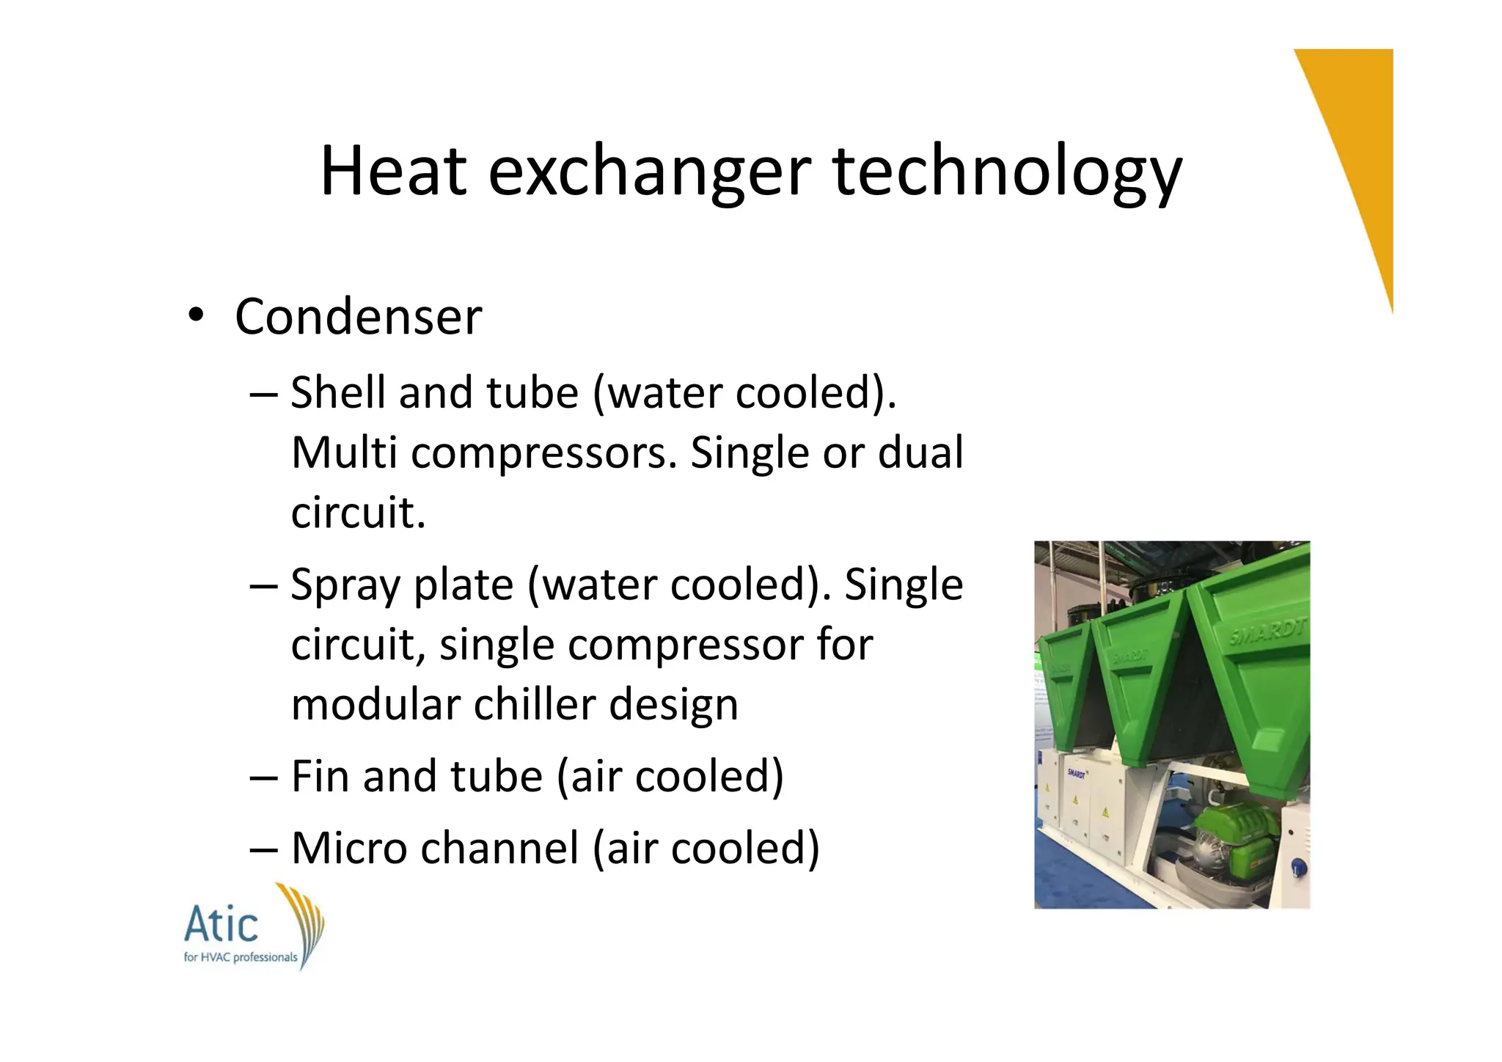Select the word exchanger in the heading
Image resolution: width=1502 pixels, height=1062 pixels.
click(649, 172)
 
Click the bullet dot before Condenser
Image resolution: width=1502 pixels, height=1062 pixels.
click(194, 316)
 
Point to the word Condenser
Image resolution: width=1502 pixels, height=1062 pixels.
click(358, 317)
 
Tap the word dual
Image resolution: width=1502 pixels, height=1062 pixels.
click(920, 452)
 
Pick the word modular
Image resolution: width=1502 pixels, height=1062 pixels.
click(375, 704)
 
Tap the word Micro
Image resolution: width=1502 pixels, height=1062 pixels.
click(348, 848)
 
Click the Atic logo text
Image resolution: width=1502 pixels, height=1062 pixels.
click(221, 926)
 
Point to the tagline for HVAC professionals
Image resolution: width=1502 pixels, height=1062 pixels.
click(240, 957)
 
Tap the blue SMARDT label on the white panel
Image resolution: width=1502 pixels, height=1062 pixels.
click(1077, 773)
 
